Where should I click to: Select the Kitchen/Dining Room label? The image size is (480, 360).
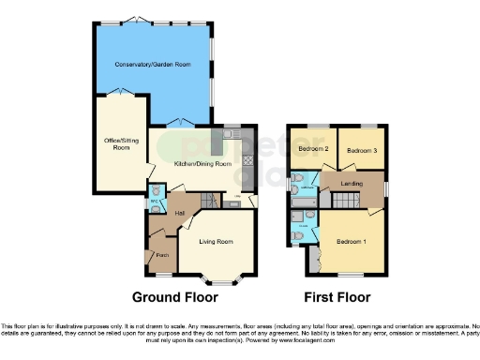pos(202,164)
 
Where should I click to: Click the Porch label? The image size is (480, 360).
pos(161,255)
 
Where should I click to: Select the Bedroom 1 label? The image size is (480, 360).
pos(352,241)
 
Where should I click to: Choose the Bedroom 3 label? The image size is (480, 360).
pos(360,150)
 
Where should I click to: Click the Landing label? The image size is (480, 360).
pos(352,183)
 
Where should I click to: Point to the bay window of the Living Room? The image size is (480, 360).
pos(220,277)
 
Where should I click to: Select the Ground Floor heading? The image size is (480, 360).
pos(174,297)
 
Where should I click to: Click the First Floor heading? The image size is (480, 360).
pos(337,297)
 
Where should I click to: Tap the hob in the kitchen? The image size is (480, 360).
pos(248,159)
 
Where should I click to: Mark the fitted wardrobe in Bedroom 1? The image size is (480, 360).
pos(314,259)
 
